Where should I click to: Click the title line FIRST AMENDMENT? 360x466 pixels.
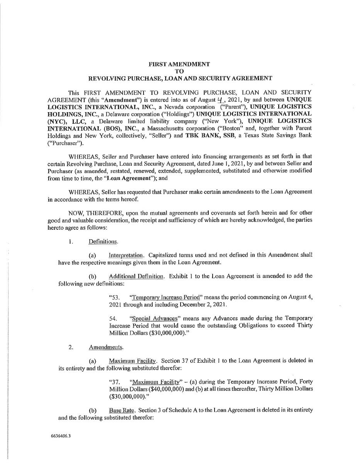tap(179, 64)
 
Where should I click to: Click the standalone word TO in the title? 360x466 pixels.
tap(179, 71)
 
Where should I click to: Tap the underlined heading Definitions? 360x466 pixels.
tap(103, 242)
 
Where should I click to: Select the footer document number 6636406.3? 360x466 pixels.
tap(61, 436)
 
